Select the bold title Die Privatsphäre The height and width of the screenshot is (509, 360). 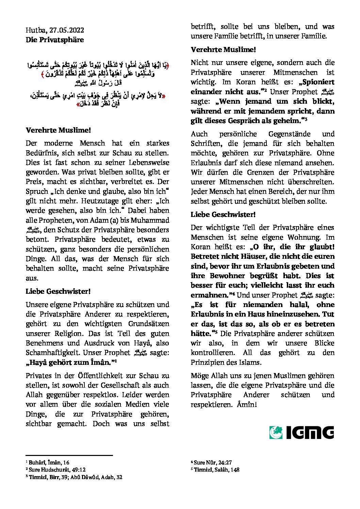pyautogui.click(x=54, y=40)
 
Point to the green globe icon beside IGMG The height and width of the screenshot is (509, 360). pyautogui.click(x=276, y=432)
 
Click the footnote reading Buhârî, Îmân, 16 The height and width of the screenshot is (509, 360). pyautogui.click(x=49, y=462)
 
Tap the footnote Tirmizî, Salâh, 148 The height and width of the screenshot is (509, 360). pyautogui.click(x=216, y=470)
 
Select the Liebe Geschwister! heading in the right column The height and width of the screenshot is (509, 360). pyautogui.click(x=223, y=215)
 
